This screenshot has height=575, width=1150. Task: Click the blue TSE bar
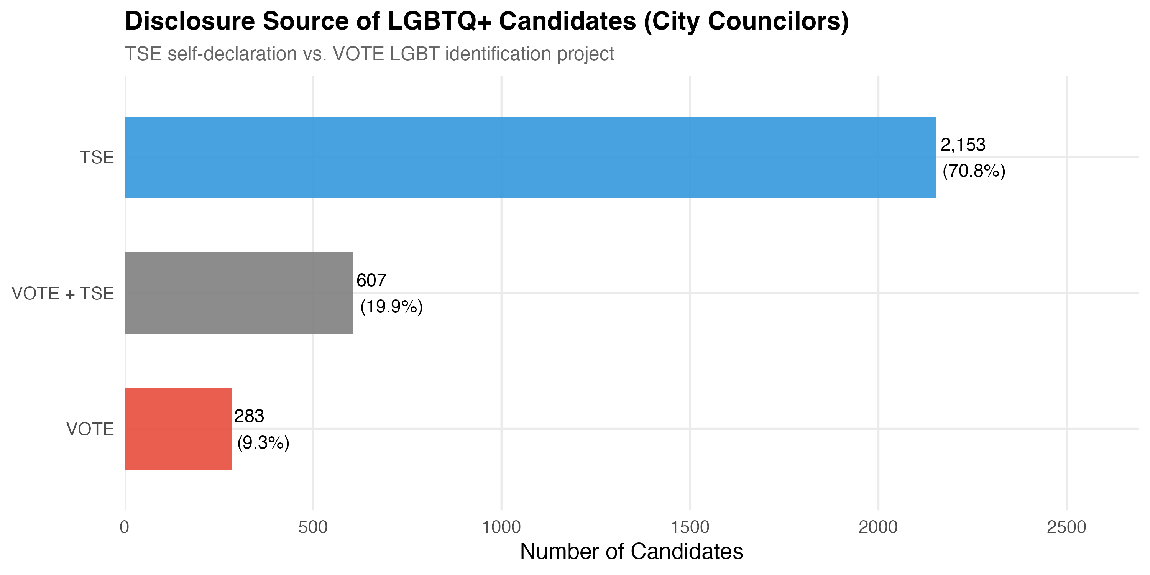coord(530,157)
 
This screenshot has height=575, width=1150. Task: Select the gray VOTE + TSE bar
coord(239,293)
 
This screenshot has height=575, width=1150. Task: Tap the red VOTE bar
coord(178,429)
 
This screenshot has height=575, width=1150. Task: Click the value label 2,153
coord(963,145)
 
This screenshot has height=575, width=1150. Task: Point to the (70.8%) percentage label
coord(974,171)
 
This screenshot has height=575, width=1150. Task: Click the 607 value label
coord(371,280)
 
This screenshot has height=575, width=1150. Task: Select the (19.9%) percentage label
coord(391,307)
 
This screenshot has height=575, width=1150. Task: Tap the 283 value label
coord(249,416)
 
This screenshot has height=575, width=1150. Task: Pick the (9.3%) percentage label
coord(263,442)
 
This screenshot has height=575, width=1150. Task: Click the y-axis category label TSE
coord(97,158)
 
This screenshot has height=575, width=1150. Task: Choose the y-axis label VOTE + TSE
coord(63,293)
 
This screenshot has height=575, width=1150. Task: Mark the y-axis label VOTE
coord(90,429)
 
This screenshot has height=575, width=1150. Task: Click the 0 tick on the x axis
coord(125,527)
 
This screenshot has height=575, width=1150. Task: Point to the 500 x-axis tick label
coord(313,527)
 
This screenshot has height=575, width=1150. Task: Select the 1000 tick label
coord(501,527)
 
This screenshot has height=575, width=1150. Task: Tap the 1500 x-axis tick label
coord(690,527)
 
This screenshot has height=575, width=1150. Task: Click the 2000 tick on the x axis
coord(878,527)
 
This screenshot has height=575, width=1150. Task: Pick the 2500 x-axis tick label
coord(1066,527)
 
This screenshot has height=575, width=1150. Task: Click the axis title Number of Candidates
coord(631,551)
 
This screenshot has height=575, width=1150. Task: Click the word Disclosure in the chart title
coord(190,21)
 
